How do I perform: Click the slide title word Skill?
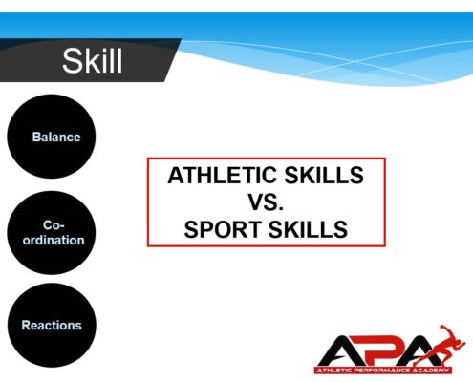click(92, 60)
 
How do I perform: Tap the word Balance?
click(56, 138)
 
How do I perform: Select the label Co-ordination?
click(54, 233)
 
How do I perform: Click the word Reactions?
click(52, 326)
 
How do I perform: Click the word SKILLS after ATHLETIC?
click(324, 176)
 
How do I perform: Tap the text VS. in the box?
click(266, 202)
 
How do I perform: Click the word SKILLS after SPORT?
click(308, 229)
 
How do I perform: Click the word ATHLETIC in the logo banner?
click(334, 371)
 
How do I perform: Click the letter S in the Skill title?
click(71, 61)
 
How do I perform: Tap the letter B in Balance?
click(36, 138)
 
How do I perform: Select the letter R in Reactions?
click(26, 326)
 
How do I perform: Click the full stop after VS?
click(281, 209)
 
